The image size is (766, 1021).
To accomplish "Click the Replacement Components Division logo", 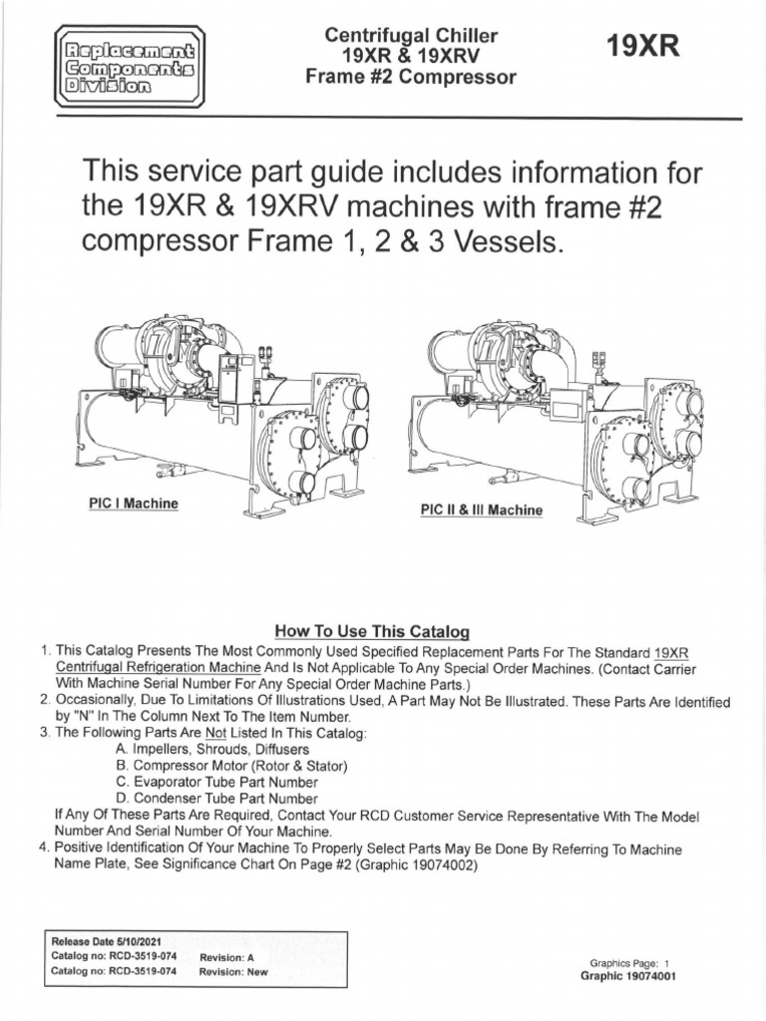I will (129, 67).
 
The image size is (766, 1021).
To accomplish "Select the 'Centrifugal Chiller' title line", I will (411, 36).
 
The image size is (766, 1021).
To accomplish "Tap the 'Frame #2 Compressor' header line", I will (411, 78).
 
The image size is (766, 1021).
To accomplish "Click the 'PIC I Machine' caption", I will (133, 504).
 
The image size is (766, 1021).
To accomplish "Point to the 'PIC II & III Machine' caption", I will (482, 510).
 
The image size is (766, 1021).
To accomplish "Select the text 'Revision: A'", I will (227, 956).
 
